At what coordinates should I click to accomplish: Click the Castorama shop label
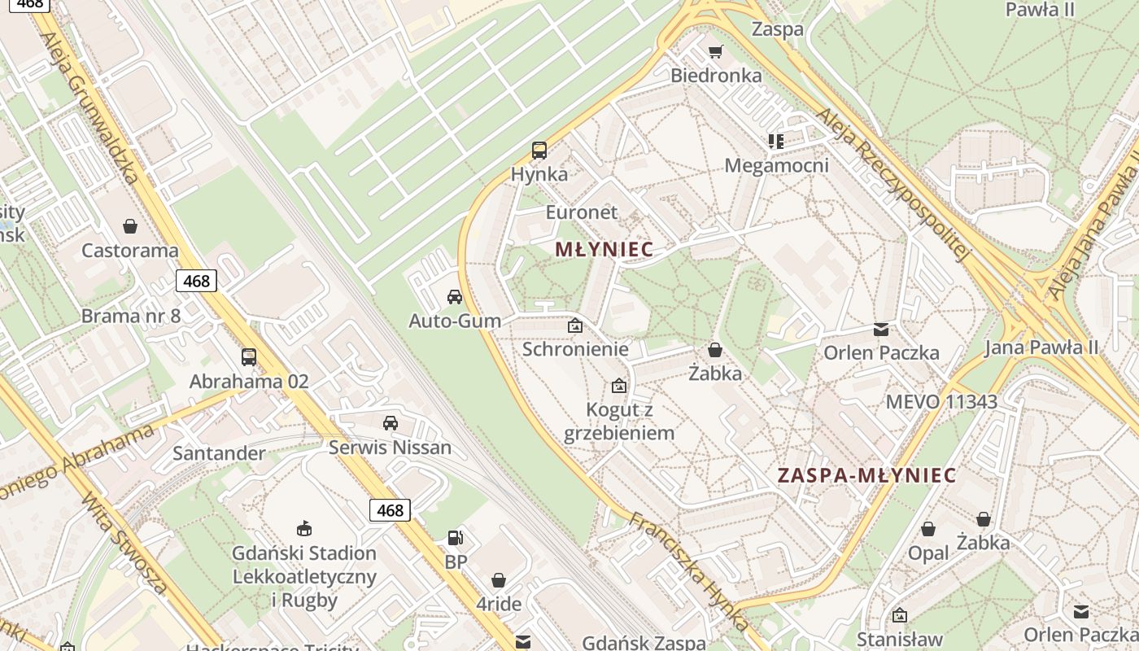point(129,250)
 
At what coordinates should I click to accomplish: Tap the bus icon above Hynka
point(539,150)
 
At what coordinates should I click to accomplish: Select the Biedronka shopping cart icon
point(715,52)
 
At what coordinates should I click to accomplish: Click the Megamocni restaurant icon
point(775,142)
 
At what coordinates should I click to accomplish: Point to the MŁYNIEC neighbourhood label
point(604,250)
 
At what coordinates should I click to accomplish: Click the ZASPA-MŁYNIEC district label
point(866,475)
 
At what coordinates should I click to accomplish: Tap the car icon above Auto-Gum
point(455,297)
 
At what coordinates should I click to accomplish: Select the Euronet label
point(582,212)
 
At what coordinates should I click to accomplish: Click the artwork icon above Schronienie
point(575,325)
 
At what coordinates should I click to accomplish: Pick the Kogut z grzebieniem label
point(620,421)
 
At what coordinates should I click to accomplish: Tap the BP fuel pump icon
point(456,538)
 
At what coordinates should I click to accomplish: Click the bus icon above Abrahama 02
point(249,356)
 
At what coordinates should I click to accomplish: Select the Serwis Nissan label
point(390,447)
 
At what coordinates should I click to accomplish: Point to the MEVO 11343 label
point(940,401)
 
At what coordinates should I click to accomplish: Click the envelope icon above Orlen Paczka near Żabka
point(881,330)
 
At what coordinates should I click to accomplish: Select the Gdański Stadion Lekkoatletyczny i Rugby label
point(304,577)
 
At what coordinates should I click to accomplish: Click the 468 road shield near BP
point(390,510)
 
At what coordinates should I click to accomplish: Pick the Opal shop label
point(928,553)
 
